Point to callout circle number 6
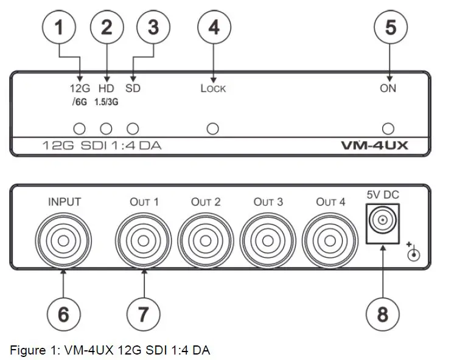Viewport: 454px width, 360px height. [64, 314]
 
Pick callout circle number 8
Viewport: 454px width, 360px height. [382, 314]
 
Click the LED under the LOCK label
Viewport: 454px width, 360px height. [212, 128]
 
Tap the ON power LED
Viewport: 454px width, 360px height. [388, 128]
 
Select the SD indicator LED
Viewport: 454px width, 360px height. [133, 128]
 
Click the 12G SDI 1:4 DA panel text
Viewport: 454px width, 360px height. [101, 146]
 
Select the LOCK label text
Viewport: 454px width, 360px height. [213, 89]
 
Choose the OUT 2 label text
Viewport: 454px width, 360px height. [206, 202]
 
